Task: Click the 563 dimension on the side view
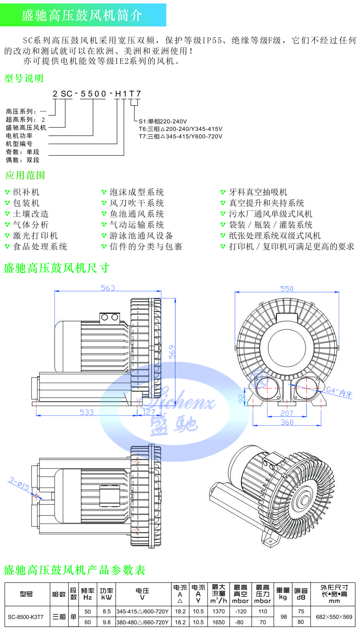(x=108, y=288)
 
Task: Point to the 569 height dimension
(x=172, y=352)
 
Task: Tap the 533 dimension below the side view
(x=87, y=412)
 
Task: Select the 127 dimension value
(x=149, y=412)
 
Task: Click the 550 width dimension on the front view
(x=286, y=289)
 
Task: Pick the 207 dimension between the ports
(x=286, y=413)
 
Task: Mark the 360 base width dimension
(x=286, y=422)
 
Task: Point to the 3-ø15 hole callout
(x=19, y=484)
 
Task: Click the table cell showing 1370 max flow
(x=219, y=612)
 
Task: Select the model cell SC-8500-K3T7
(x=26, y=617)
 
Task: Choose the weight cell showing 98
(x=283, y=617)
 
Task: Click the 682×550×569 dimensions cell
(x=334, y=617)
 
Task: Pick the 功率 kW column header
(x=106, y=594)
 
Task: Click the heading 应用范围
(x=25, y=176)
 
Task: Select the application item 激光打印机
(x=35, y=236)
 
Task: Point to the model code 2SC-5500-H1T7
(x=97, y=94)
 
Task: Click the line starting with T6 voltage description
(x=180, y=129)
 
